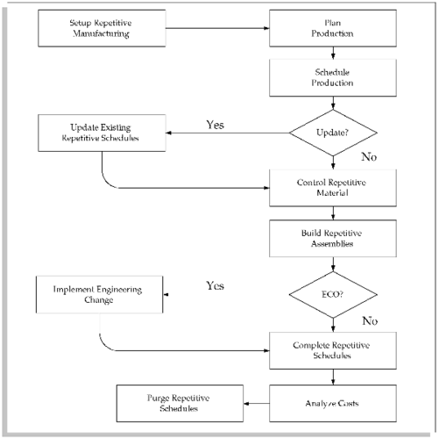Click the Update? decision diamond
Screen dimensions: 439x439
335,133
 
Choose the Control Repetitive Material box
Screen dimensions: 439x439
335,186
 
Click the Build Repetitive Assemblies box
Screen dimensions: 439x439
335,239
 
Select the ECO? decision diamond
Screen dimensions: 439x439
335,294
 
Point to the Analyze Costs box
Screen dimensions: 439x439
335,403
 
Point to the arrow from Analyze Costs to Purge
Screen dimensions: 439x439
255,403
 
